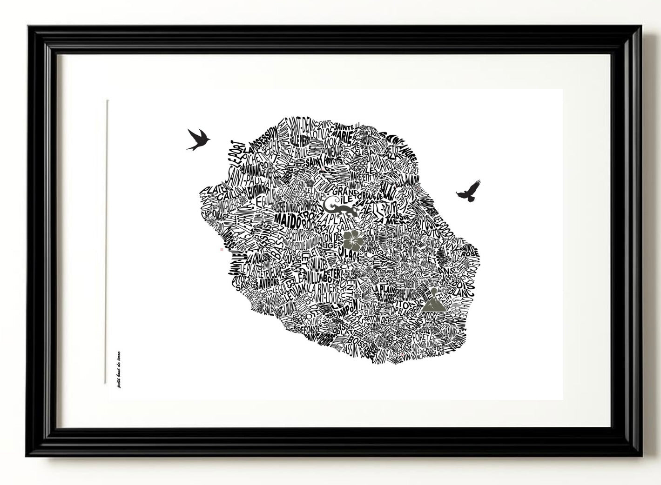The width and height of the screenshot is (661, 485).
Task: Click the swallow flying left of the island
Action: (x=198, y=139)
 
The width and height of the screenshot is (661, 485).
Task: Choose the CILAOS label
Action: (x=349, y=255)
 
